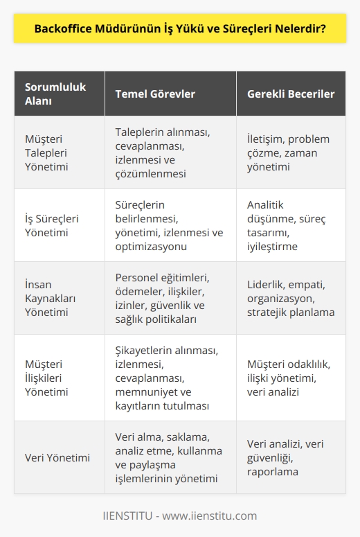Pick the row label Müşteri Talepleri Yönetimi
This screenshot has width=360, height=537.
pos(50,152)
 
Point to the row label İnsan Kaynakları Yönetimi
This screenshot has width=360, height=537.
pos(50,298)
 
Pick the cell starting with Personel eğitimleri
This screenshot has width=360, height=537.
pos(167,298)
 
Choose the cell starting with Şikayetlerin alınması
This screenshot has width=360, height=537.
pos(167,378)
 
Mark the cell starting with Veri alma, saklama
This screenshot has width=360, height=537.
pos(166,457)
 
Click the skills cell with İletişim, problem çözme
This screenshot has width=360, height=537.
pos(288,152)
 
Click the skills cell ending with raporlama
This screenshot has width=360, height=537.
pos(289,457)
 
